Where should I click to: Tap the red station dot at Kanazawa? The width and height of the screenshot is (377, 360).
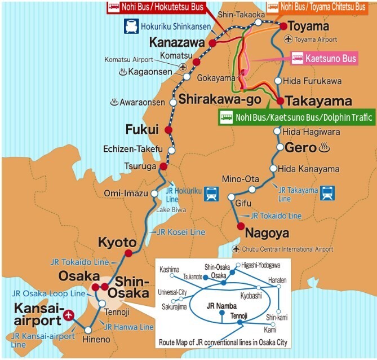(212, 43)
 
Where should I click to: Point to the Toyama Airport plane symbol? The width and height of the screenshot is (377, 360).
(289, 39)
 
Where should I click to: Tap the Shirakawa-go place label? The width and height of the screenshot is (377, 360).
(220, 100)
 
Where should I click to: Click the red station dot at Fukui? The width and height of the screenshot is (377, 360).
(168, 130)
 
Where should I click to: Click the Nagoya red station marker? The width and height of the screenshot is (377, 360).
(241, 227)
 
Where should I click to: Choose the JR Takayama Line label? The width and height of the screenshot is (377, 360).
(299, 194)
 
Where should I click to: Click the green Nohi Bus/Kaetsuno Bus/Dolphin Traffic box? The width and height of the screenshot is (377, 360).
(297, 117)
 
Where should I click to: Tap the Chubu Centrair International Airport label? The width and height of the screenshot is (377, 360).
(287, 249)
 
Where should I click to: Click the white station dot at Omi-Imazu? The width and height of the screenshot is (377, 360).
(154, 194)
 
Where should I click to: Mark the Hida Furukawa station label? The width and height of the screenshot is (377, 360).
(312, 81)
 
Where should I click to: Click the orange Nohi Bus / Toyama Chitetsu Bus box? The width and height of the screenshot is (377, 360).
(321, 7)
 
